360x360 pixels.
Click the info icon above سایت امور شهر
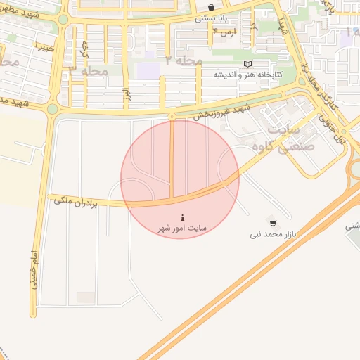point(183,217)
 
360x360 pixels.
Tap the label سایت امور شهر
point(183,229)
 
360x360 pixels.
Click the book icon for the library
point(246,64)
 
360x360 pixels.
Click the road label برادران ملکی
point(77,202)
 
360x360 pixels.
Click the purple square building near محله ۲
point(148,70)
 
